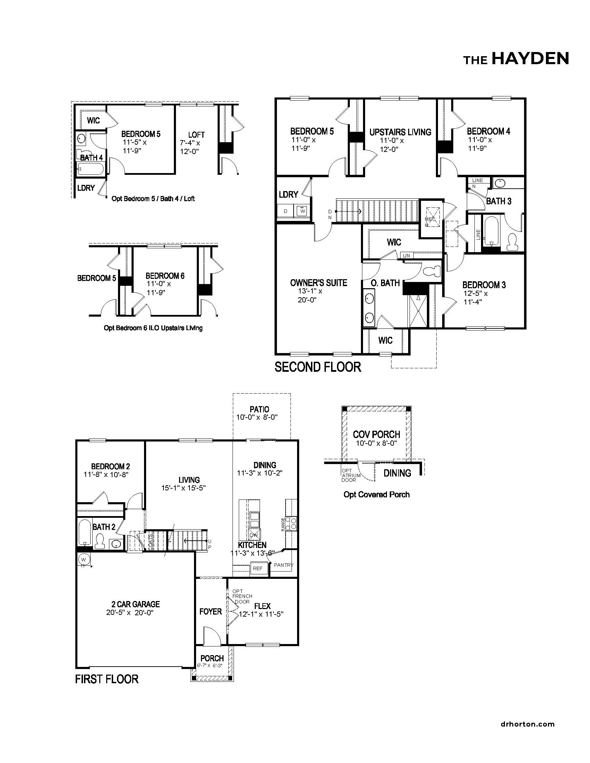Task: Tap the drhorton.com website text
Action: pos(528,724)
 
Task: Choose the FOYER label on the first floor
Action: pos(210,611)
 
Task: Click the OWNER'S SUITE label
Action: pos(318,282)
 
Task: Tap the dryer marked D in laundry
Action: pos(286,211)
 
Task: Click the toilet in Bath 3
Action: pos(513,241)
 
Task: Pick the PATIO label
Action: pos(259,409)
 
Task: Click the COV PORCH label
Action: pos(377,434)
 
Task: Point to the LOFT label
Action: pos(196,135)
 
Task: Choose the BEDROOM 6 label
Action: pos(165,276)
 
